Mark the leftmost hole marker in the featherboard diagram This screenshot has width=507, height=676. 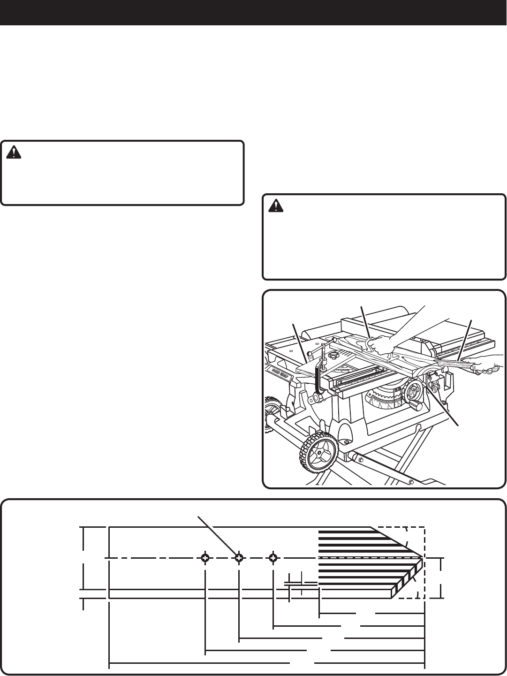[x=205, y=558]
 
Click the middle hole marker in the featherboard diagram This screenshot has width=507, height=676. [x=239, y=558]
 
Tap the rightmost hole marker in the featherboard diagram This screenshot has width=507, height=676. [x=273, y=558]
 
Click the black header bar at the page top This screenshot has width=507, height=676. [x=253, y=12]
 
